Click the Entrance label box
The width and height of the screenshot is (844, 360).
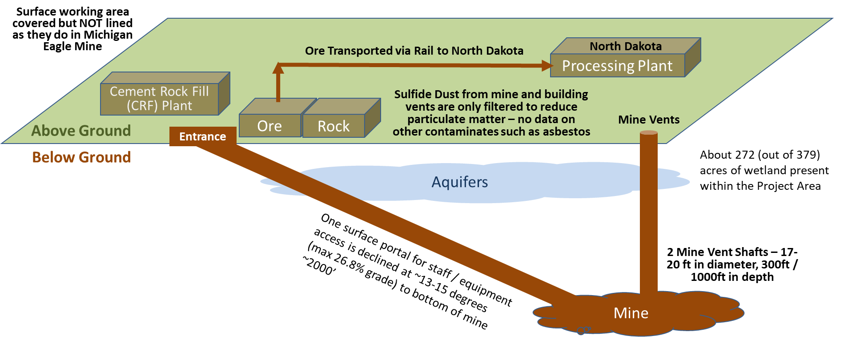[203, 136]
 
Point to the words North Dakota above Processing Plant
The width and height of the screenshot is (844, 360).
[626, 46]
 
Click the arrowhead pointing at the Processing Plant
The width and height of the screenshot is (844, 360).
[547, 66]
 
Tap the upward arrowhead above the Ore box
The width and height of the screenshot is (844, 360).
[278, 68]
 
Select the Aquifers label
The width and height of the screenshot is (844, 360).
[460, 182]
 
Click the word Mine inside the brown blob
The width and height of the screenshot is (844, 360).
[631, 313]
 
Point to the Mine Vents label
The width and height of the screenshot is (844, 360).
[649, 120]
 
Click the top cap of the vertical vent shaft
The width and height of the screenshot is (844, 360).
[649, 132]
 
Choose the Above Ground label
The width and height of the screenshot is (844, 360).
[81, 131]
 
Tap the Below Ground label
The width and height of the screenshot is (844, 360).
[81, 157]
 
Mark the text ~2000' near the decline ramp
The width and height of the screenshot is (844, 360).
[319, 265]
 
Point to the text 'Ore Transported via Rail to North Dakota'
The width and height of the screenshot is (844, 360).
[414, 51]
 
